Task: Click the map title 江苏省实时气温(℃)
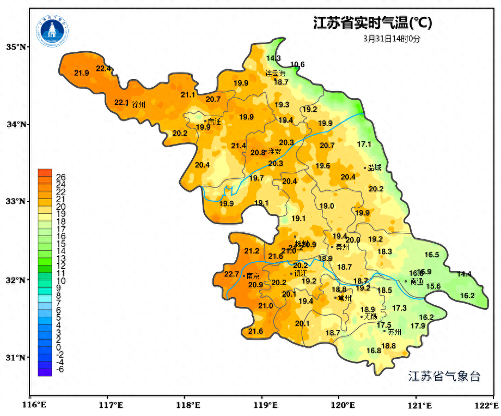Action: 372,23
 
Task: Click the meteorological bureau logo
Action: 53,31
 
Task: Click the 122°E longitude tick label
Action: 487,405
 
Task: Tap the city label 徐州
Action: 139,105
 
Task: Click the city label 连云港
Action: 275,73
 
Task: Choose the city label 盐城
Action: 374,168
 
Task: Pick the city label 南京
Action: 253,276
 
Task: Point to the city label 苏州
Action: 394,331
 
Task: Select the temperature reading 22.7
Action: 231,274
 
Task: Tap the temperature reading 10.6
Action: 297,64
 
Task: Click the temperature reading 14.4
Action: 464,274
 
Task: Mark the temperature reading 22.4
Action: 103,68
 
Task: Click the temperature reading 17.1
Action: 364,144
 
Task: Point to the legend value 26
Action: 61,177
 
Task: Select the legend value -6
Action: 60,369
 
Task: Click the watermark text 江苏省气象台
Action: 444,376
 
